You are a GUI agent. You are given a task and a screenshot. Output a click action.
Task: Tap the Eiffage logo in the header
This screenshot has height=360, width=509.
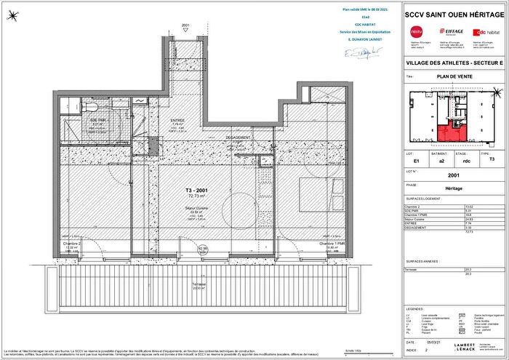click(x=451, y=31)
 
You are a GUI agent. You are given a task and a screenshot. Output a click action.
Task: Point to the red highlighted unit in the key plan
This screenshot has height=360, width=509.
click(x=448, y=133)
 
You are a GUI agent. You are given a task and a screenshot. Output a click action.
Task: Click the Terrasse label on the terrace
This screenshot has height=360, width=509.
click(x=199, y=284)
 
